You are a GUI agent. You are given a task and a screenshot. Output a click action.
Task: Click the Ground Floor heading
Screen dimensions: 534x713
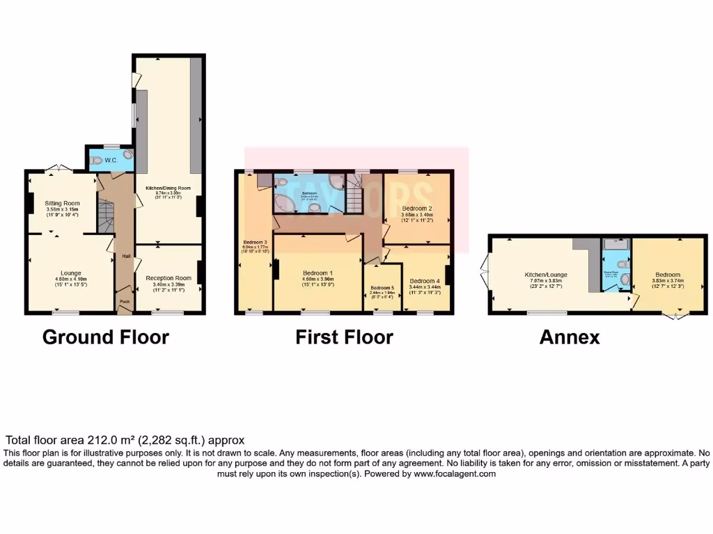[106, 337]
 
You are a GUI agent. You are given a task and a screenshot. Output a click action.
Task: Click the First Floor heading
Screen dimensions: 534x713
[344, 337]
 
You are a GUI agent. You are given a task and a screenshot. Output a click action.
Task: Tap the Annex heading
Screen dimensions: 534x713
[570, 337]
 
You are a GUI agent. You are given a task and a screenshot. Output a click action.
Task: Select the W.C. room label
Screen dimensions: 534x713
[112, 160]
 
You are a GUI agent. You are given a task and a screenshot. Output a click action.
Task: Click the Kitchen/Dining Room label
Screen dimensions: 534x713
[167, 188]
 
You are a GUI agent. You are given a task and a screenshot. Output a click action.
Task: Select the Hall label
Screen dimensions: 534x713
[126, 256]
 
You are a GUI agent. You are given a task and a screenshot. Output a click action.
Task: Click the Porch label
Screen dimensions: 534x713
[125, 301]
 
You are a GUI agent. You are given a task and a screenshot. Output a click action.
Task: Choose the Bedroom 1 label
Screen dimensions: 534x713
[318, 273]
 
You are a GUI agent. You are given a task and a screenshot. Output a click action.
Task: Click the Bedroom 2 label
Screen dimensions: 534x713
[418, 208]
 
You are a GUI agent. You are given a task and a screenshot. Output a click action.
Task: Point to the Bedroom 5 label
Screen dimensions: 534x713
[382, 288]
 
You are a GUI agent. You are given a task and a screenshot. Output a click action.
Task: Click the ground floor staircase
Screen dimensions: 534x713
[104, 217]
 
